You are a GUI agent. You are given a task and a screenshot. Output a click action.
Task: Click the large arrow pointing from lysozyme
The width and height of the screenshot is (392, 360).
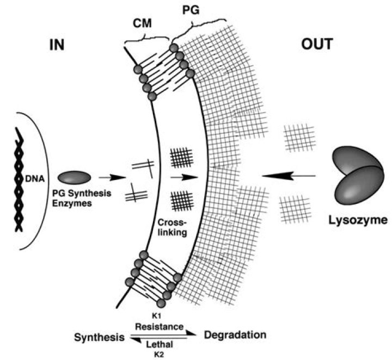(288, 175)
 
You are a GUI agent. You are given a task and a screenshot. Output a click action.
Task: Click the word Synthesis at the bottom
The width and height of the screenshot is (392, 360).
(99, 337)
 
